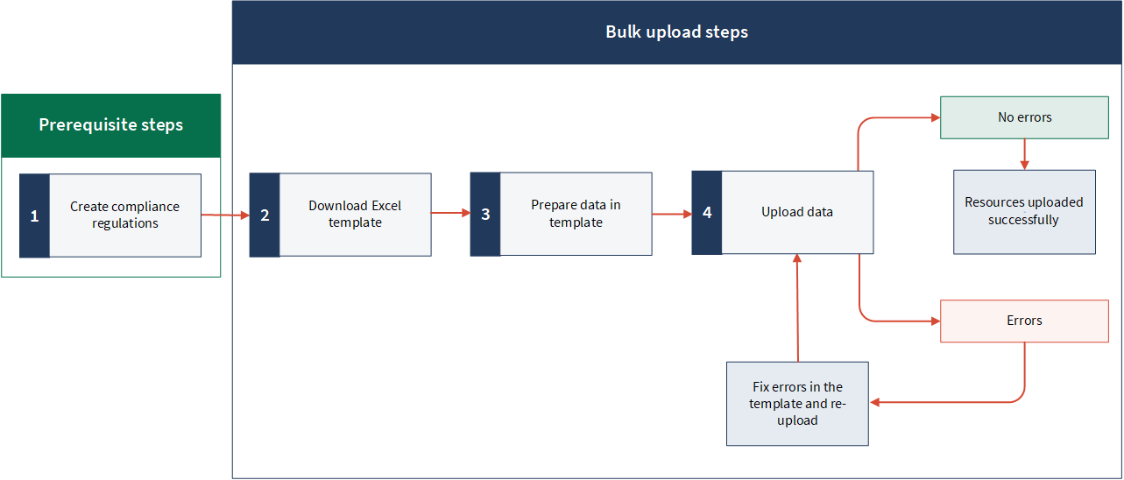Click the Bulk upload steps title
tap(676, 32)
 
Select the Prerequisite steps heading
tap(111, 125)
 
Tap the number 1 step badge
tap(35, 215)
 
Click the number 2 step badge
tap(265, 215)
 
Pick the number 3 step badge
tap(485, 215)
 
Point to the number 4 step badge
tap(707, 213)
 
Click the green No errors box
tap(1024, 117)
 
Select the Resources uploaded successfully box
tap(1024, 212)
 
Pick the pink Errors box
tap(1024, 321)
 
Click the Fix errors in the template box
tap(797, 404)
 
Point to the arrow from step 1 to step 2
tap(225, 215)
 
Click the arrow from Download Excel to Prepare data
tap(450, 213)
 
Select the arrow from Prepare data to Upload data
tap(672, 215)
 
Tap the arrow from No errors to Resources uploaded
tap(1025, 154)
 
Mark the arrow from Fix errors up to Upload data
tap(797, 308)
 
